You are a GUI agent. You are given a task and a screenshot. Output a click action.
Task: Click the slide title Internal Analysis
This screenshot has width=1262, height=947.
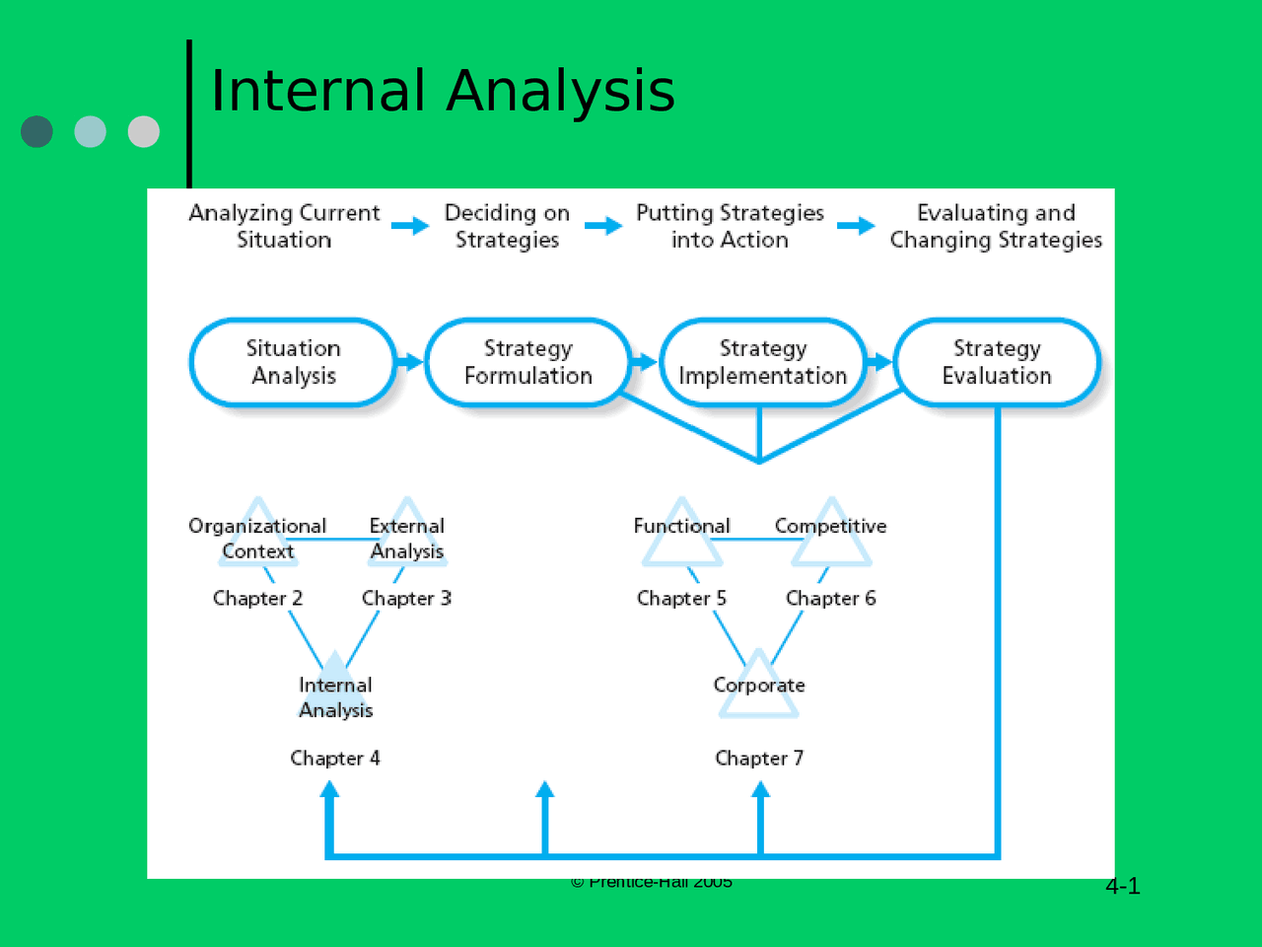(443, 91)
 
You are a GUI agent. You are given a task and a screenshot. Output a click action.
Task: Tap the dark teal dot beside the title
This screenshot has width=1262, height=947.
(36, 131)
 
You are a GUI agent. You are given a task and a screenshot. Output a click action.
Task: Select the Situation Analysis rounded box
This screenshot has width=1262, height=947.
(293, 362)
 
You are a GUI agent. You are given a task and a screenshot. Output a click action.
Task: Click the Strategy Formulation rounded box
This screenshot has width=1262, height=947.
(527, 362)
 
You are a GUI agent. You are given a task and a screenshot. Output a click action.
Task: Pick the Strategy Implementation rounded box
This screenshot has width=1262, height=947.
(762, 362)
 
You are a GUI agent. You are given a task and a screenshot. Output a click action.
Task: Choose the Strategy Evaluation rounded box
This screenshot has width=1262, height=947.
(997, 362)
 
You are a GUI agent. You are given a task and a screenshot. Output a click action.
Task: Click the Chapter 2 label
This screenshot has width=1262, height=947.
(257, 598)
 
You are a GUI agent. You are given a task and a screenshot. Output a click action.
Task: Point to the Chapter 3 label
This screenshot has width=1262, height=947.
(406, 598)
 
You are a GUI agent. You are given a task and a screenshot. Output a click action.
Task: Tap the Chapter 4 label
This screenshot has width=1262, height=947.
(334, 758)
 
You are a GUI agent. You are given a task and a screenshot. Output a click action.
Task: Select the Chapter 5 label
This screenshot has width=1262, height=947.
(681, 598)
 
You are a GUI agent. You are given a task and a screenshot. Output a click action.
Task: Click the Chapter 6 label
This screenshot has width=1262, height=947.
(830, 598)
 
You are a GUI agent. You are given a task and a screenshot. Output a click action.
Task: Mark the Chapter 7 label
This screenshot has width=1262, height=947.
(759, 758)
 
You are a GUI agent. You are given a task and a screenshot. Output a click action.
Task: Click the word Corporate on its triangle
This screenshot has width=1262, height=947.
(759, 685)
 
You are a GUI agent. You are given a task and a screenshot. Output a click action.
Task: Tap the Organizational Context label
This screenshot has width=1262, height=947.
(257, 539)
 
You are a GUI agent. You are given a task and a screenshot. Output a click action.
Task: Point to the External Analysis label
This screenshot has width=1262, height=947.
(406, 539)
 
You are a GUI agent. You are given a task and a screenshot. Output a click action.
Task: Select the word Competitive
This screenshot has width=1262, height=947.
(830, 526)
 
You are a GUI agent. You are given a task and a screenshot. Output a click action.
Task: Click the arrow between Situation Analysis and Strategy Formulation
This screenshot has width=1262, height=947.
(410, 362)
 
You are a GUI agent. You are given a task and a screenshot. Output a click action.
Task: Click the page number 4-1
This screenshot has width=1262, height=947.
(1122, 886)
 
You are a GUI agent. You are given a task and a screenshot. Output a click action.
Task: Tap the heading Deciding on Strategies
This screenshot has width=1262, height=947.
(507, 226)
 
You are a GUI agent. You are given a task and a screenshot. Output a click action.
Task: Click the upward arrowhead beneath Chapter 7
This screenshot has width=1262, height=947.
(760, 789)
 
